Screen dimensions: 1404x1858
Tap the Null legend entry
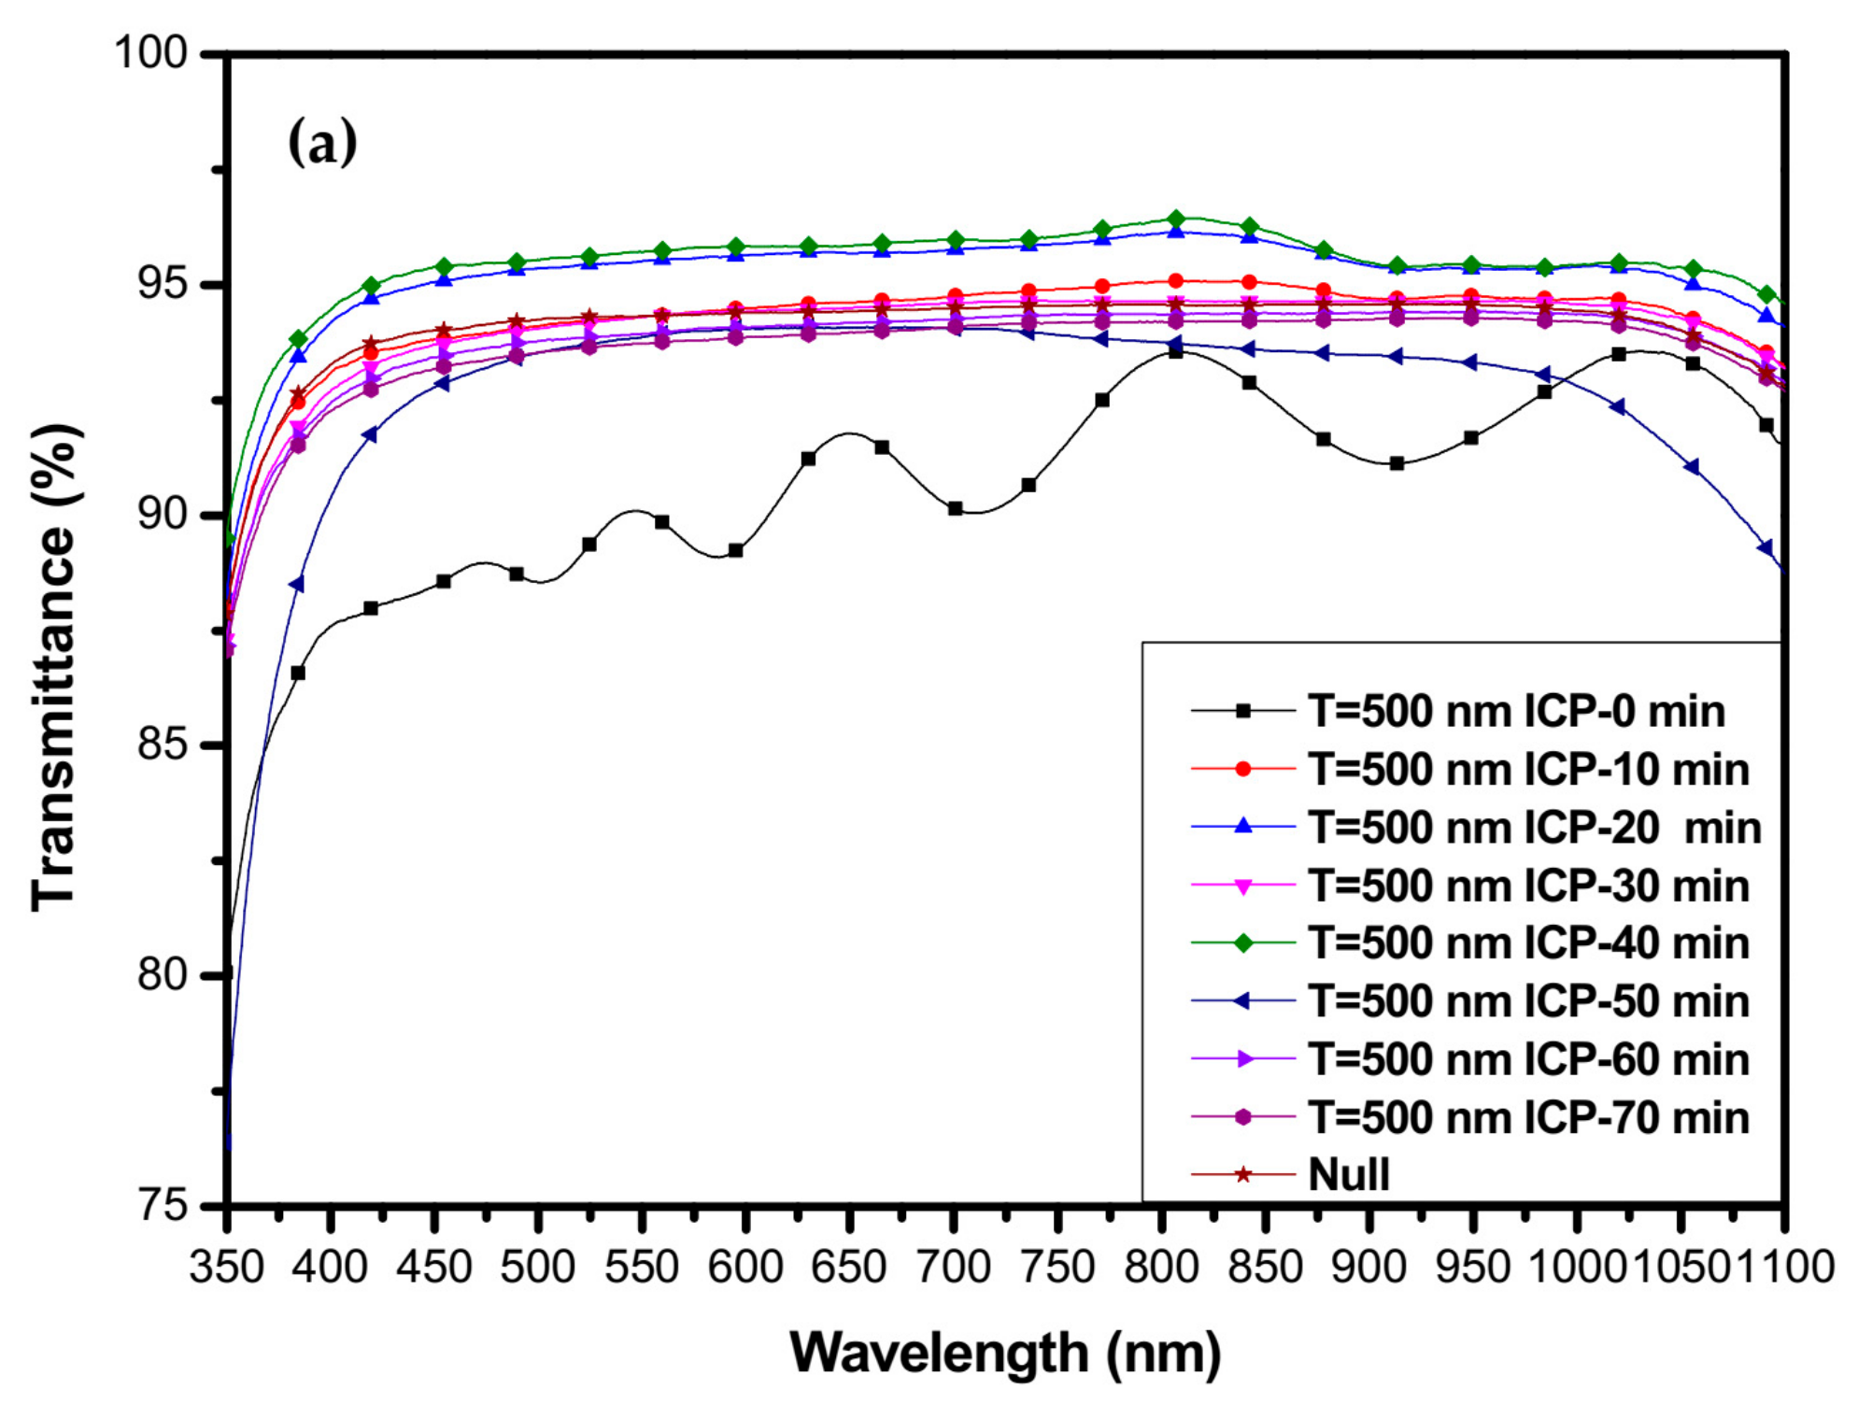(1349, 1175)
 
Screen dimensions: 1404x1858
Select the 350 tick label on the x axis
(227, 1269)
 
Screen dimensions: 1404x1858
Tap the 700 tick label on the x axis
(953, 1269)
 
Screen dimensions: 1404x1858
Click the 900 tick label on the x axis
(1369, 1269)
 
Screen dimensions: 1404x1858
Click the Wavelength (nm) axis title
(1005, 1354)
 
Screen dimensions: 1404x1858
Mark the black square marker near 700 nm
(955, 509)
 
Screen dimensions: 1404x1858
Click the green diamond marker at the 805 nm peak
(1176, 220)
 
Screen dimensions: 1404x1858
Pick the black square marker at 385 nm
(298, 673)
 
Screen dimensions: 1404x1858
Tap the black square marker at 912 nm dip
(1397, 463)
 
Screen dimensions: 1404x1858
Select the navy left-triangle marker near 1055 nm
(1692, 467)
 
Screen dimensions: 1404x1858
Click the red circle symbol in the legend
(1242, 770)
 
